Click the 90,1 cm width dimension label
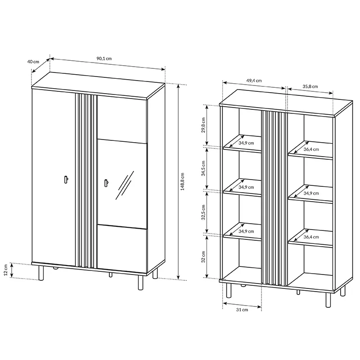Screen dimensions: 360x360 click(104, 58)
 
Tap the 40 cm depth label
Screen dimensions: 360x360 click(33, 62)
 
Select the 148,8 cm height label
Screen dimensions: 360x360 click(183, 182)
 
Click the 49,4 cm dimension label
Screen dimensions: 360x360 click(254, 81)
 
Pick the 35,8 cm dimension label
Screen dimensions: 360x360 click(310, 86)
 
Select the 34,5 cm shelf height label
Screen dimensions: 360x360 click(203, 168)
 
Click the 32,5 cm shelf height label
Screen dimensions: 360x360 click(203, 212)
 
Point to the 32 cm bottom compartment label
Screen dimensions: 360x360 click(203, 257)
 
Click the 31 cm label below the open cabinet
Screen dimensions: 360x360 click(242, 310)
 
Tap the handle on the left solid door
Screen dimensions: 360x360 click(66, 180)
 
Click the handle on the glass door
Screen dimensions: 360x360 click(106, 183)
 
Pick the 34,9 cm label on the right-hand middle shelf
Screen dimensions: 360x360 click(311, 193)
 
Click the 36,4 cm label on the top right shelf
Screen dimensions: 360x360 click(311, 149)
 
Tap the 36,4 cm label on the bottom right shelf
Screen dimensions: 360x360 click(311, 237)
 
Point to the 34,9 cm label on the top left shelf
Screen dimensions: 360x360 click(246, 143)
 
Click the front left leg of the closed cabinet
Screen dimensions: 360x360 click(41, 273)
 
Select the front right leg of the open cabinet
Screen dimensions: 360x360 click(328, 300)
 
